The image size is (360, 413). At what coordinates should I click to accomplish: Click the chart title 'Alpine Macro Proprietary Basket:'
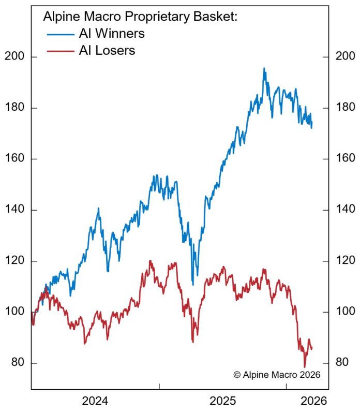click(x=140, y=17)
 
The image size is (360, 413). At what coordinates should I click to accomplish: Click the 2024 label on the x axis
click(x=95, y=401)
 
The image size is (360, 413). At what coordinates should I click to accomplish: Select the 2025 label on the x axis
click(x=223, y=401)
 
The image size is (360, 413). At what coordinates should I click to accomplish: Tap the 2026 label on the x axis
click(x=313, y=401)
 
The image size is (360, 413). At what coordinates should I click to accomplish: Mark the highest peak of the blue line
click(x=264, y=68)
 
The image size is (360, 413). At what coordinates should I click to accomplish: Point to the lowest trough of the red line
click(x=305, y=367)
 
